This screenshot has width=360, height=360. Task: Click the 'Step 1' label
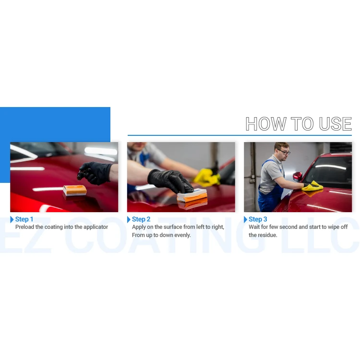click(x=24, y=219)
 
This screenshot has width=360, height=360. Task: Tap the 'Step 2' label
click(x=141, y=219)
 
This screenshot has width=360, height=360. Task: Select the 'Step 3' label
click(x=258, y=219)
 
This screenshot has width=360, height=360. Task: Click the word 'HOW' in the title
click(x=266, y=124)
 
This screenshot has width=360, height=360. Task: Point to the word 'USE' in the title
click(x=335, y=124)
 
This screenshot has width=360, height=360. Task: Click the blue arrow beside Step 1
click(x=12, y=219)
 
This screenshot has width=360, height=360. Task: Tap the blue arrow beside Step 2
click(x=129, y=219)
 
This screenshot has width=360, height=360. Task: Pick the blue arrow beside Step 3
click(x=245, y=219)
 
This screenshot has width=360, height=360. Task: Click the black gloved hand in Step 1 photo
click(x=95, y=173)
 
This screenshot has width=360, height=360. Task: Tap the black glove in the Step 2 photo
click(x=170, y=180)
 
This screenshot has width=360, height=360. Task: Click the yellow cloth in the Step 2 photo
click(x=206, y=177)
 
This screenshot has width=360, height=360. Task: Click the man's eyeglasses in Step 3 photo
click(x=284, y=152)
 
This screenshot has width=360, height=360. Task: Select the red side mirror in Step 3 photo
click(x=297, y=176)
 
